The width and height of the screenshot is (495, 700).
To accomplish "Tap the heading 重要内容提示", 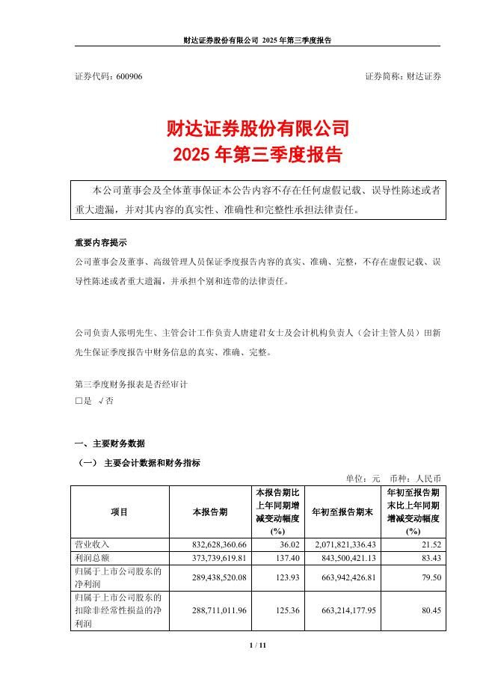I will tap(101, 243).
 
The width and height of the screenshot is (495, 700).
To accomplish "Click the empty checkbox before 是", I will tap(79, 401).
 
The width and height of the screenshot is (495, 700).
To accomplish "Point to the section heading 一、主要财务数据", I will tap(110, 443).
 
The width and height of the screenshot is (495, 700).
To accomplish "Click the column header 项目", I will tap(120, 512).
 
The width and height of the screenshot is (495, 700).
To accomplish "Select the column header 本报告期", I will tap(210, 512).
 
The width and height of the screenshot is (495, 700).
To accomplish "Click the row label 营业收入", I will tap(93, 544).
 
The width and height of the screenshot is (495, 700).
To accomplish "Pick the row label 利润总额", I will tap(93, 558).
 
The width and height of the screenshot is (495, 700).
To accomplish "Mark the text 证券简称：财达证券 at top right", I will tap(403, 77).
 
